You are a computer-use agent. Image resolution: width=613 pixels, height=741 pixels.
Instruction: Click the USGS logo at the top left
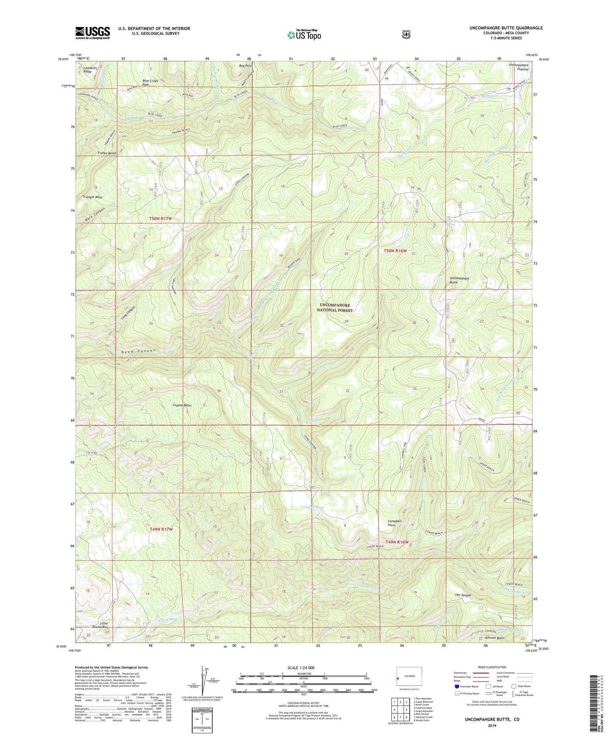tap(92, 33)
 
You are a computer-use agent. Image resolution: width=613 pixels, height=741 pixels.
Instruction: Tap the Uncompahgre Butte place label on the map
tap(459, 280)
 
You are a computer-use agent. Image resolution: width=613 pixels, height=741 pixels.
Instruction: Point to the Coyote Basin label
tap(182, 405)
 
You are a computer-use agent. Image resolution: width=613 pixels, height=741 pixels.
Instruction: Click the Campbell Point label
tap(395, 523)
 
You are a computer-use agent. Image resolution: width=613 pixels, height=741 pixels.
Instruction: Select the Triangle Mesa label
tap(93, 197)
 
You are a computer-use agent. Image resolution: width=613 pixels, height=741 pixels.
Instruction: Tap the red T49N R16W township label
tap(397, 542)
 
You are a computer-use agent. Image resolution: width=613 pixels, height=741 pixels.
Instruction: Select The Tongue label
tap(463, 595)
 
